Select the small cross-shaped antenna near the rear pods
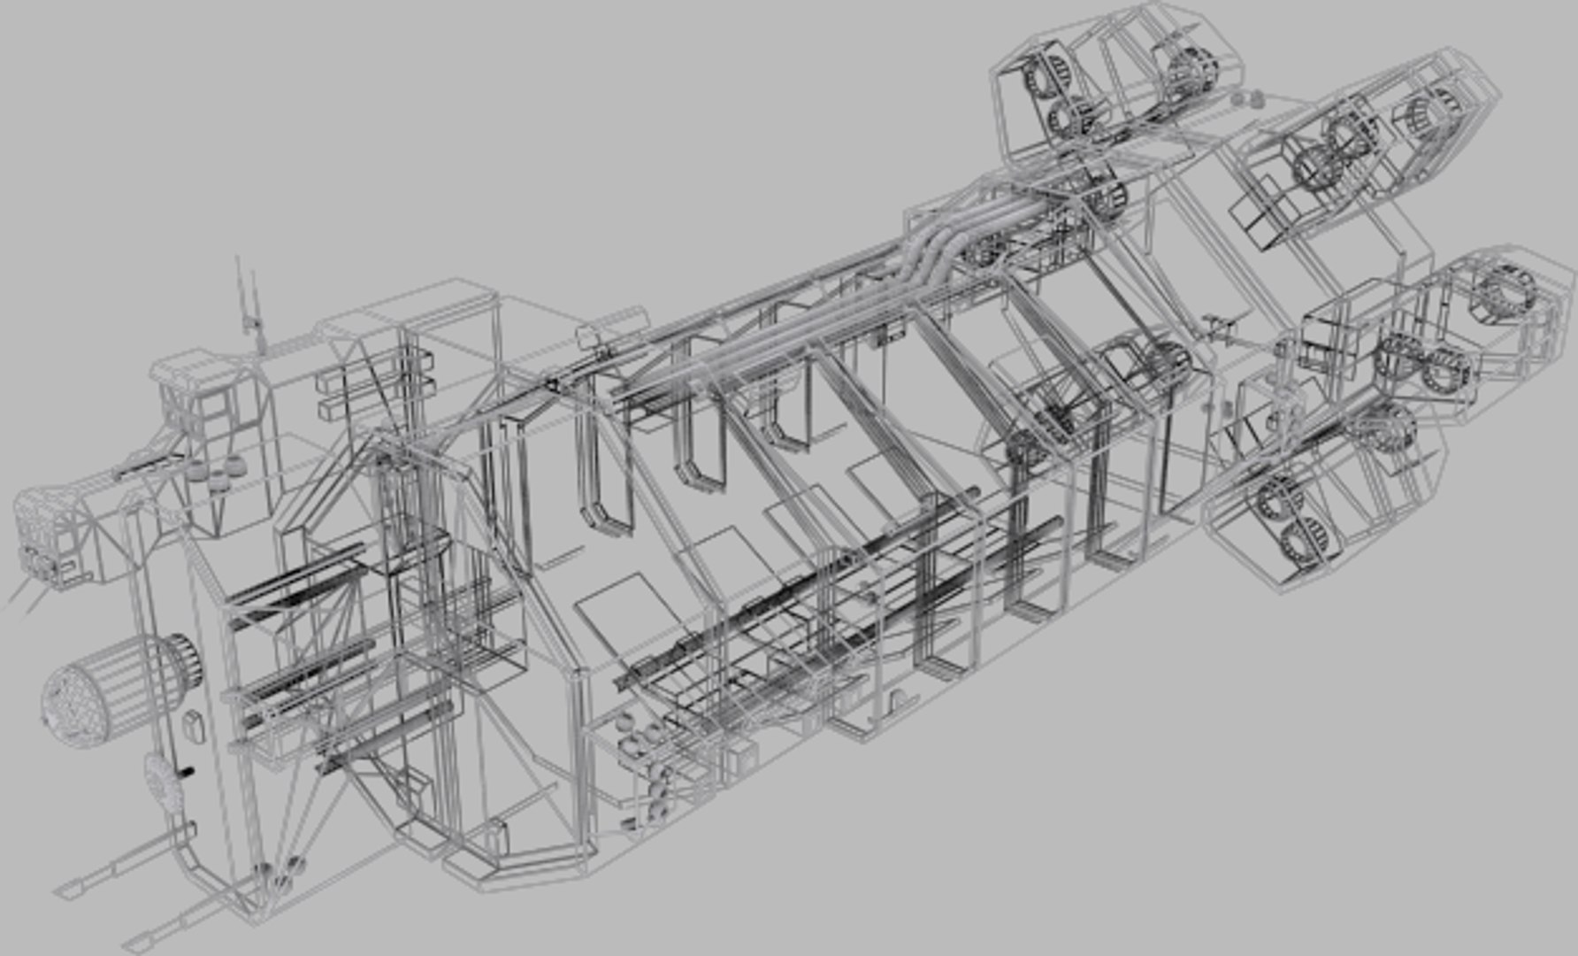click(1221, 329)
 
